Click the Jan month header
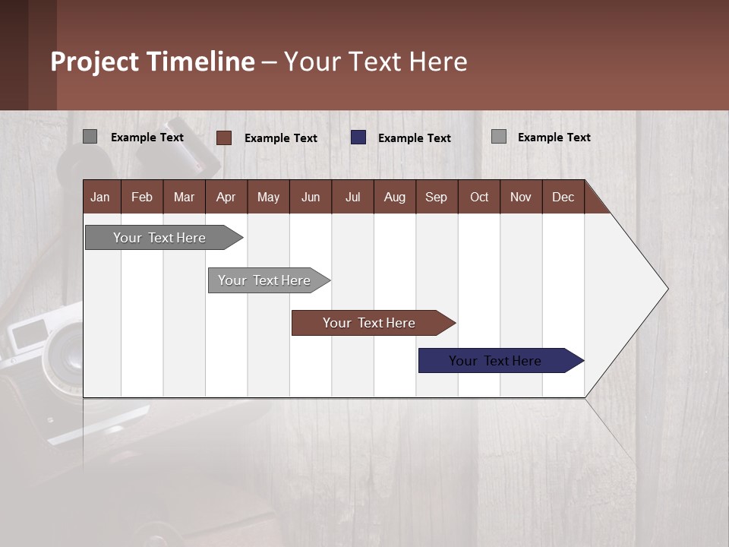coord(101,197)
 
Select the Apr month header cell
coord(226,197)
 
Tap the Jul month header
coord(352,197)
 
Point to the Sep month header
coord(437,197)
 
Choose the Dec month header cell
coord(563,197)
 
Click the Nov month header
coord(521,197)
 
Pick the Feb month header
coord(142,197)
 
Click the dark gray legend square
coord(90,137)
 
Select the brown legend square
coord(223,138)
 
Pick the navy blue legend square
coord(358,138)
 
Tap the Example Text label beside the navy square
coord(414,138)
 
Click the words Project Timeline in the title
coord(152,62)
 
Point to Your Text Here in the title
coord(375,62)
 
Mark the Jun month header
coord(311,197)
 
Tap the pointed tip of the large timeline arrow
coord(666,289)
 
